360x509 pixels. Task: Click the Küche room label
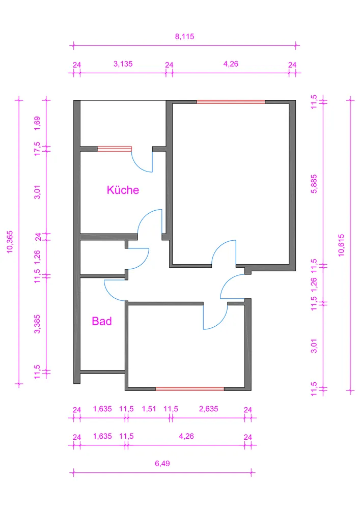[x=123, y=190]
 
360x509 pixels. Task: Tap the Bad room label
[x=102, y=321]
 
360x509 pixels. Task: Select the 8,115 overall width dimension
[x=185, y=36]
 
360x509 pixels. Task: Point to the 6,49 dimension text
[x=162, y=463]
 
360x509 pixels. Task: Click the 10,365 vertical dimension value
[x=10, y=242]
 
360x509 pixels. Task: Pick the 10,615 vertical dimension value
[x=341, y=245]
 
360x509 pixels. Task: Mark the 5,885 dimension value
[x=314, y=184]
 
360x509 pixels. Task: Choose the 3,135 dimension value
[x=123, y=64]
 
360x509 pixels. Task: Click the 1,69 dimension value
[x=37, y=123]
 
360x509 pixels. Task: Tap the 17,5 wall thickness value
[x=37, y=149]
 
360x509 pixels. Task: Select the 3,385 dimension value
[x=37, y=324]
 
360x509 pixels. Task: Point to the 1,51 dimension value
[x=149, y=409]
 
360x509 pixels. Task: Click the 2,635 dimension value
[x=208, y=409]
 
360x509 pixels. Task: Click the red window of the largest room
[x=231, y=102]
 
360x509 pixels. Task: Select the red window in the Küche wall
[x=115, y=149]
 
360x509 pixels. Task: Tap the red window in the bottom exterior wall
[x=190, y=389]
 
